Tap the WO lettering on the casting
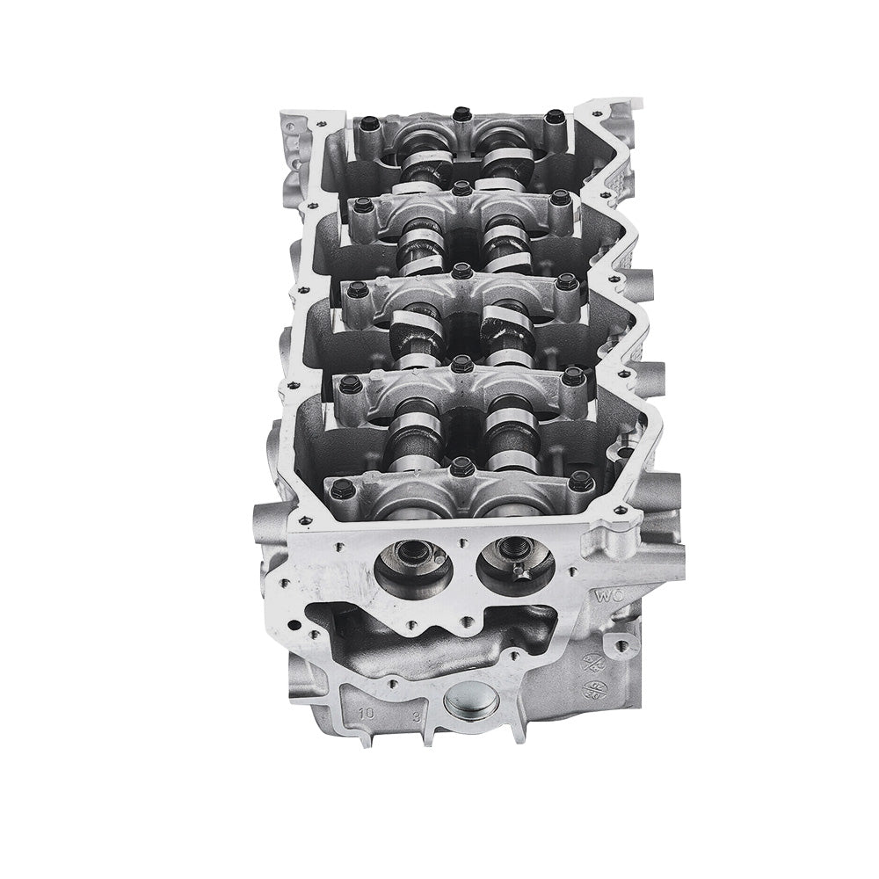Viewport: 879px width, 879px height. tap(610, 594)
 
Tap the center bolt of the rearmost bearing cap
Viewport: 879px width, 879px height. tap(459, 113)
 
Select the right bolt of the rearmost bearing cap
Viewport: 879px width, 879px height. tap(554, 117)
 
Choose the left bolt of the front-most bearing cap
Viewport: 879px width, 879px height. tap(344, 485)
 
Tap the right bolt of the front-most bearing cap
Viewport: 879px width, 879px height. tap(578, 481)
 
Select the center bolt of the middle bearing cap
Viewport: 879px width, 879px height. tap(460, 271)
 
